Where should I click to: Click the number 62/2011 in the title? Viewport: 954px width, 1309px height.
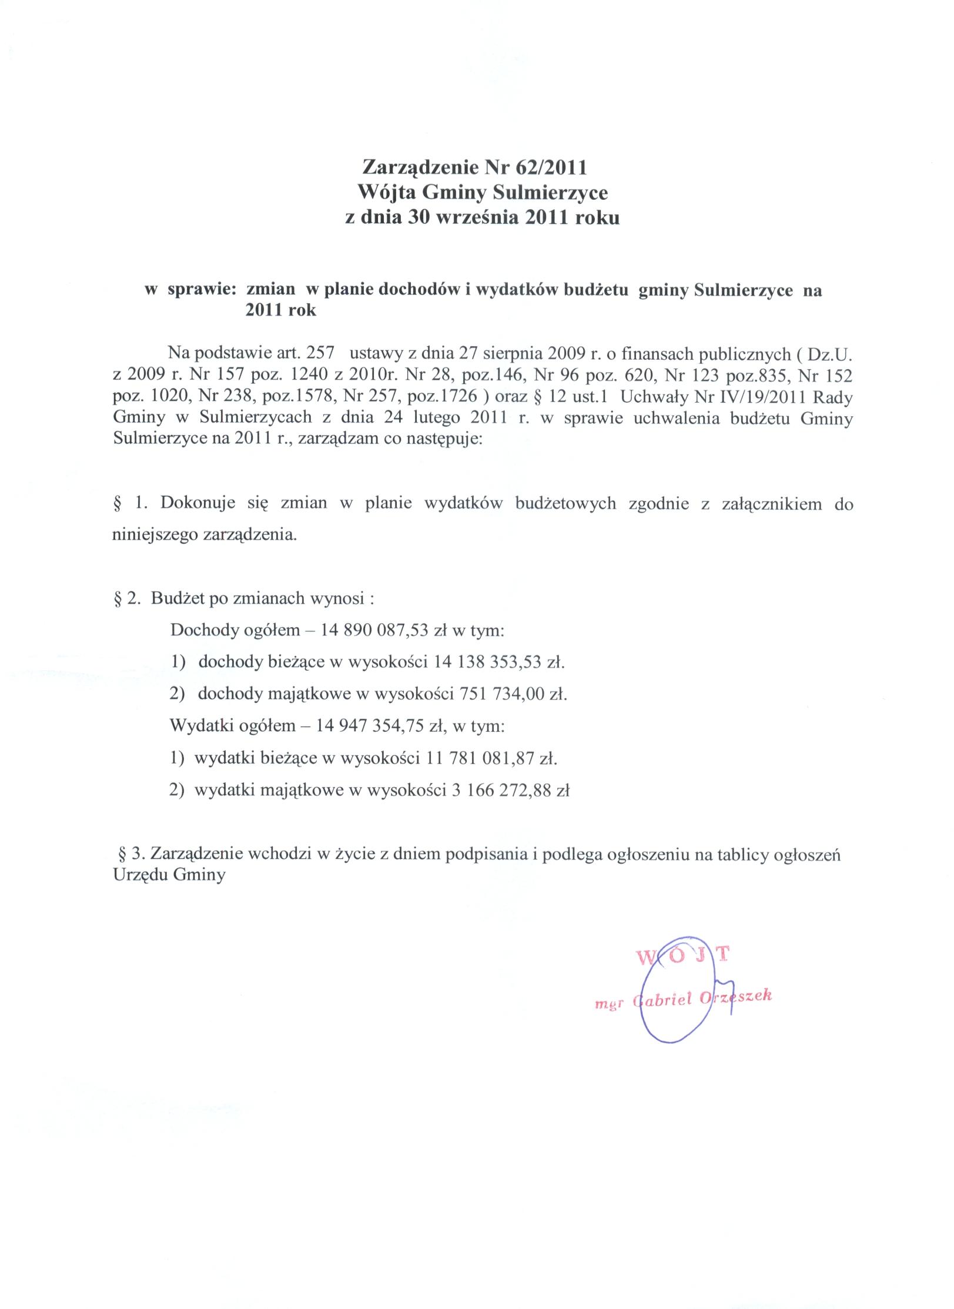point(550,168)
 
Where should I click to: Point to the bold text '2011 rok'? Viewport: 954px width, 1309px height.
point(280,311)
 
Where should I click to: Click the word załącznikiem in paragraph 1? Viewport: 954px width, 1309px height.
point(771,504)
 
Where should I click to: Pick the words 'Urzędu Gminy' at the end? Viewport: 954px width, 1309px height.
point(169,875)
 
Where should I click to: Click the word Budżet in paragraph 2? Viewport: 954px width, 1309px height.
point(173,599)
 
